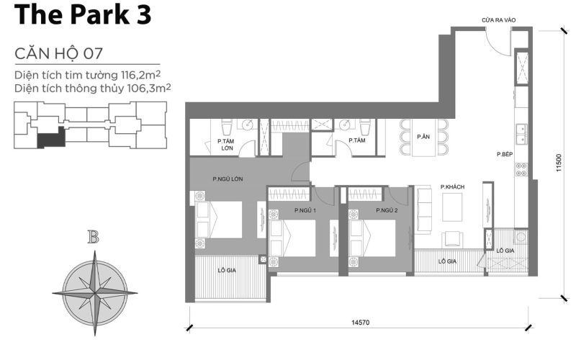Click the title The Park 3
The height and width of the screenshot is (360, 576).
83,16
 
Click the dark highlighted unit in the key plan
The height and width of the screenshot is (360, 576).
51,138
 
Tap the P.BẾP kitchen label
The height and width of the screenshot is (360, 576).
504,154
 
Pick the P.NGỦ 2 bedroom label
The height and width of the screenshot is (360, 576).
386,210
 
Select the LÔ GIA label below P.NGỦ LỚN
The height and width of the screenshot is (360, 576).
227,270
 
